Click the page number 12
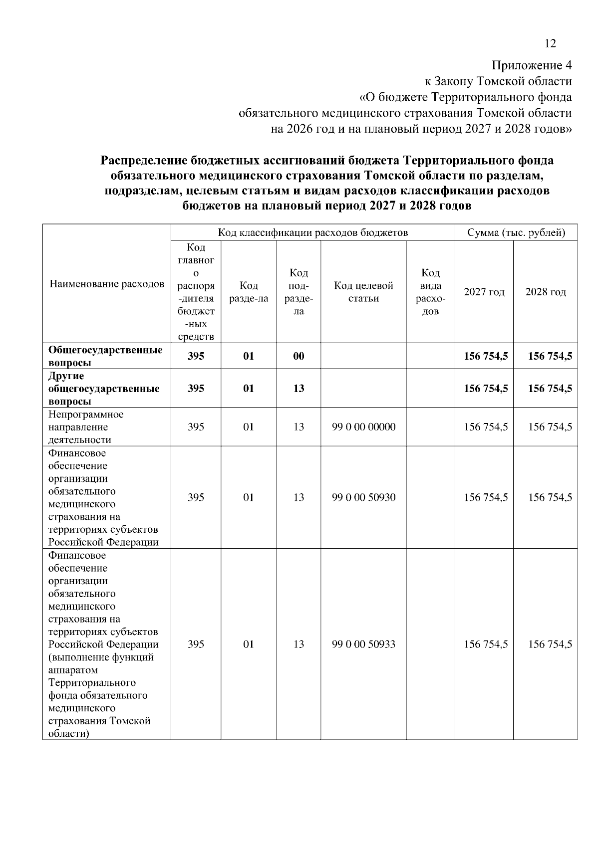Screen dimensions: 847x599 pyautogui.click(x=550, y=44)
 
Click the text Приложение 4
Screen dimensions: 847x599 pyautogui.click(x=532, y=66)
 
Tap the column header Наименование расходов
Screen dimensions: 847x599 pyautogui.click(x=107, y=284)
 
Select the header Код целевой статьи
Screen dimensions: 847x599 pyautogui.click(x=363, y=292)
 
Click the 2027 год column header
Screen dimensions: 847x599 pyautogui.click(x=484, y=292)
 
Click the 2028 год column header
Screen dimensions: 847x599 pyautogui.click(x=545, y=292)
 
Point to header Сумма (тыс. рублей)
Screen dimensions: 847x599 pyautogui.click(x=516, y=233)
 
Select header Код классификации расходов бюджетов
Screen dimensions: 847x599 pyautogui.click(x=312, y=233)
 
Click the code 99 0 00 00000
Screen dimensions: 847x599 pyautogui.click(x=363, y=427)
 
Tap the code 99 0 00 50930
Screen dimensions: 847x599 pyautogui.click(x=363, y=497)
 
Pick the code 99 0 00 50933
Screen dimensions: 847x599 pyautogui.click(x=363, y=644)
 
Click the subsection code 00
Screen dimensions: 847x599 pyautogui.click(x=299, y=356)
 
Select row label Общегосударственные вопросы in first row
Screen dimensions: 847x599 pyautogui.click(x=105, y=356)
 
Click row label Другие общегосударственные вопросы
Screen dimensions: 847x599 pyautogui.click(x=104, y=389)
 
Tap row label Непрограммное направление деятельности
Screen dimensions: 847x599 pyautogui.click(x=86, y=427)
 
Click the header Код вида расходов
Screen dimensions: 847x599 pyautogui.click(x=430, y=292)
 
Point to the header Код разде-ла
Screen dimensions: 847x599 pyautogui.click(x=249, y=292)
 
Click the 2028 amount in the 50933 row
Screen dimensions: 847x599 pyautogui.click(x=550, y=644)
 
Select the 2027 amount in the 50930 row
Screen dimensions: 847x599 pyautogui.click(x=486, y=497)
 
